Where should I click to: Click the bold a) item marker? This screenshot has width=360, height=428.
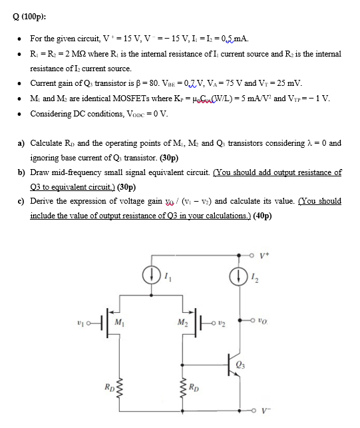pyautogui.click(x=21, y=143)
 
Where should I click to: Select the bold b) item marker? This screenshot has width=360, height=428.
pyautogui.click(x=21, y=172)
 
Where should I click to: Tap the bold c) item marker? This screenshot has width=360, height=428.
pyautogui.click(x=21, y=201)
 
